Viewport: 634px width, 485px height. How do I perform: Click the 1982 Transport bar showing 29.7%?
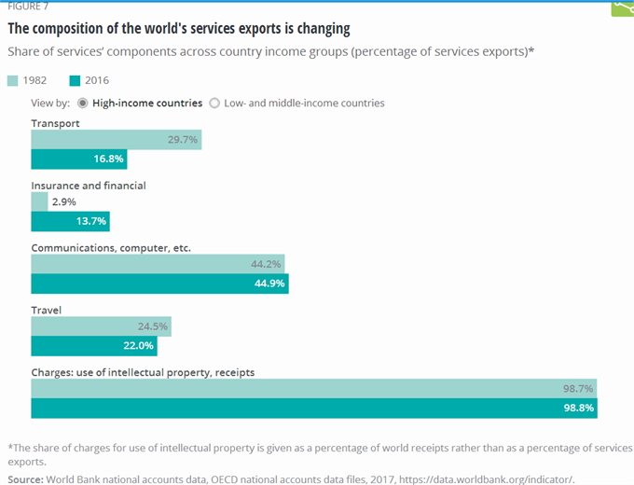[x=116, y=140]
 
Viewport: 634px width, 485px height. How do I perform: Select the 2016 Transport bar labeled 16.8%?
[x=78, y=159]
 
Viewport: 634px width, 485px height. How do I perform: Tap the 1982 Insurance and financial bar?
[x=39, y=201]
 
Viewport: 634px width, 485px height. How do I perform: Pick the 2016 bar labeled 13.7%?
[x=70, y=221]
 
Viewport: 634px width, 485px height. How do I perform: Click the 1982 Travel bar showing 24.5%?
[x=101, y=326]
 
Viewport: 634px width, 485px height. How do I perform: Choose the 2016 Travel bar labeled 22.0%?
[x=93, y=346]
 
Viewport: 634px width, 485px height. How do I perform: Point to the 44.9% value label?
[x=268, y=284]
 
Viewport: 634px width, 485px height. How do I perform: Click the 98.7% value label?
[x=575, y=388]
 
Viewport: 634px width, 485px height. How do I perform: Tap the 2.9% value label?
[x=63, y=201]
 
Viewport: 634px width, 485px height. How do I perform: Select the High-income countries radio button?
[x=82, y=103]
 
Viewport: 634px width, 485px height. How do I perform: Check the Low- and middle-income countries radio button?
[x=214, y=103]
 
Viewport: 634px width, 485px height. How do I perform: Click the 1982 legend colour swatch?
[x=12, y=81]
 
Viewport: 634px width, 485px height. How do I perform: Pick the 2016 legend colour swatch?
[x=75, y=81]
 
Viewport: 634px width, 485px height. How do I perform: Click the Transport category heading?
[x=55, y=123]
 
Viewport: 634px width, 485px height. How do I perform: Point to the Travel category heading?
[x=47, y=310]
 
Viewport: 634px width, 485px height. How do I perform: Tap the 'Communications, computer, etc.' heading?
[x=110, y=248]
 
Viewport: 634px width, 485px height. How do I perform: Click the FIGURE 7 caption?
[x=28, y=6]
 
